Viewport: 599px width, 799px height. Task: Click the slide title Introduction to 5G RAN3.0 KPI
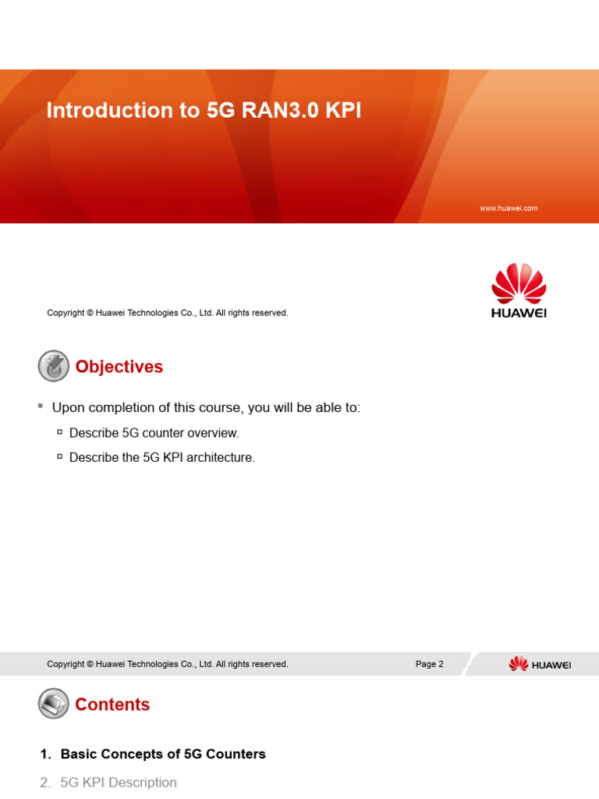pyautogui.click(x=204, y=111)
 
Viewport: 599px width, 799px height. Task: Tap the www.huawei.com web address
pyautogui.click(x=509, y=208)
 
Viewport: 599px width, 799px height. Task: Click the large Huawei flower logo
pyautogui.click(x=519, y=284)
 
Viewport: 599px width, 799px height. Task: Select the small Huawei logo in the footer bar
pyautogui.click(x=540, y=664)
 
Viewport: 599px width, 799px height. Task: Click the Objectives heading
pyautogui.click(x=119, y=367)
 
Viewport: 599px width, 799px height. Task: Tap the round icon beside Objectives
pyautogui.click(x=53, y=366)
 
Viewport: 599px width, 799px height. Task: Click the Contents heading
pyautogui.click(x=112, y=705)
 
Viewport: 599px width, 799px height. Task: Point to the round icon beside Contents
pyautogui.click(x=53, y=704)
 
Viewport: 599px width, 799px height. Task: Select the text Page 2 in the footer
pyautogui.click(x=429, y=664)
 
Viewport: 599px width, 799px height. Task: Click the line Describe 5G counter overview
pyautogui.click(x=154, y=433)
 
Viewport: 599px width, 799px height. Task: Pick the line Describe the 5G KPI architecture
pyautogui.click(x=162, y=458)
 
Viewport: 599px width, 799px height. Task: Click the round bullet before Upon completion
pyautogui.click(x=41, y=407)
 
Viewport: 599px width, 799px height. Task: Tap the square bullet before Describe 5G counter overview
pyautogui.click(x=60, y=432)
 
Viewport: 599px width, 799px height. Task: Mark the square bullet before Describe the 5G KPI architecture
pyautogui.click(x=60, y=457)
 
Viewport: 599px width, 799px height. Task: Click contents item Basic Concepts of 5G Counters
pyautogui.click(x=162, y=754)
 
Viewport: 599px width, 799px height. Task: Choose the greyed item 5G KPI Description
pyautogui.click(x=118, y=782)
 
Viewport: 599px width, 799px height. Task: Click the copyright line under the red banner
pyautogui.click(x=168, y=313)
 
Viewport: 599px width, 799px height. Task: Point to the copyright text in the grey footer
pyautogui.click(x=168, y=664)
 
